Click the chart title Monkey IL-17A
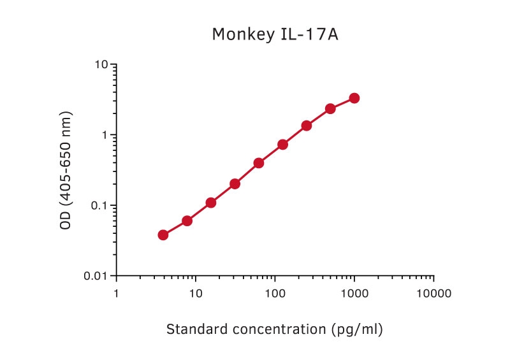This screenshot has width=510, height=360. pyautogui.click(x=275, y=34)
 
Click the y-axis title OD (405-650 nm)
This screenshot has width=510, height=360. pyautogui.click(x=66, y=170)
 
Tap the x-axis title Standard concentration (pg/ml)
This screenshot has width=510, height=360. pyautogui.click(x=274, y=329)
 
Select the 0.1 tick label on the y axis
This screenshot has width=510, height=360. pyautogui.click(x=99, y=206)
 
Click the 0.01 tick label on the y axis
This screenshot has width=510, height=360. pyautogui.click(x=96, y=276)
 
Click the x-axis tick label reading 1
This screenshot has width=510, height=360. pyautogui.click(x=116, y=294)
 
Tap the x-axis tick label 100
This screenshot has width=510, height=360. pyautogui.click(x=275, y=294)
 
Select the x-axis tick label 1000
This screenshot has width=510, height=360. pyautogui.click(x=354, y=294)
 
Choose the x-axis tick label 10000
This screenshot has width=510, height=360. pyautogui.click(x=433, y=294)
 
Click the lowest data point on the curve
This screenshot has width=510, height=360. pyautogui.click(x=163, y=235)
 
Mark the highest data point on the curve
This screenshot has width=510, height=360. pyautogui.click(x=354, y=98)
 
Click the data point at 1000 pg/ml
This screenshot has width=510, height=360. pyautogui.click(x=354, y=98)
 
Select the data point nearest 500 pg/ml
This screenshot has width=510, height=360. pyautogui.click(x=330, y=109)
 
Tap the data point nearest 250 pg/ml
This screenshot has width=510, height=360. pyautogui.click(x=307, y=126)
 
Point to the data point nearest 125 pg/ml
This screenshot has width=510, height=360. pyautogui.click(x=282, y=145)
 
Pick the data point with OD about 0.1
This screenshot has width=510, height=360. pyautogui.click(x=211, y=203)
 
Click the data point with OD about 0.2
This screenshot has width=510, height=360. pyautogui.click(x=235, y=184)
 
